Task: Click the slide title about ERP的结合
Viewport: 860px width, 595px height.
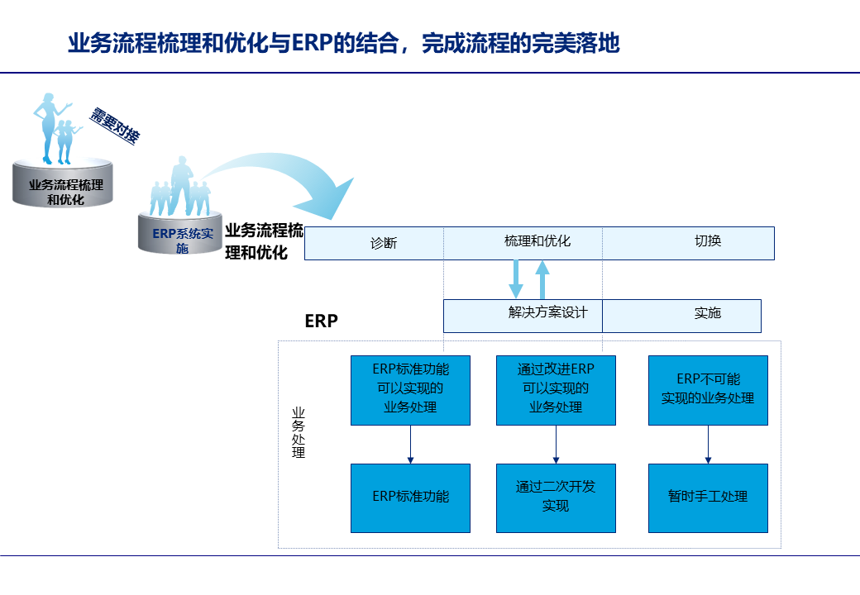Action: [344, 43]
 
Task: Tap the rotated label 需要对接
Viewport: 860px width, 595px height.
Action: [114, 126]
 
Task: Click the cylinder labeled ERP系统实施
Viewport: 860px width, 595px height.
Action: [182, 236]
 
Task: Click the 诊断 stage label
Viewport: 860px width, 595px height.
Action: [384, 243]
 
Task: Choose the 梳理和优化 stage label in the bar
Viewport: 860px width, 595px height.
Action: [537, 241]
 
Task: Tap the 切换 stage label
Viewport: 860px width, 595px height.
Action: [708, 241]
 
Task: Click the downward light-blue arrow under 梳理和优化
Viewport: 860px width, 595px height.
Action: [516, 279]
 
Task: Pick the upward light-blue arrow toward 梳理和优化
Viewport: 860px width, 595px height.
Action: [542, 279]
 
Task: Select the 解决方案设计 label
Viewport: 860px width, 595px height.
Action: [547, 312]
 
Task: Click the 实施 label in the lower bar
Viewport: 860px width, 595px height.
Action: [708, 312]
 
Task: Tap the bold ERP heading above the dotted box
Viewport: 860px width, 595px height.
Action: [322, 321]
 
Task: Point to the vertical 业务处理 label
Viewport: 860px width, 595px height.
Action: [299, 432]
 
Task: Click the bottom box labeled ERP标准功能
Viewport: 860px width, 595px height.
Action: [410, 497]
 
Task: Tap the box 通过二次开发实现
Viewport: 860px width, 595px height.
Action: [556, 497]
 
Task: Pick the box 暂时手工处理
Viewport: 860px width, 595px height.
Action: [708, 497]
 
